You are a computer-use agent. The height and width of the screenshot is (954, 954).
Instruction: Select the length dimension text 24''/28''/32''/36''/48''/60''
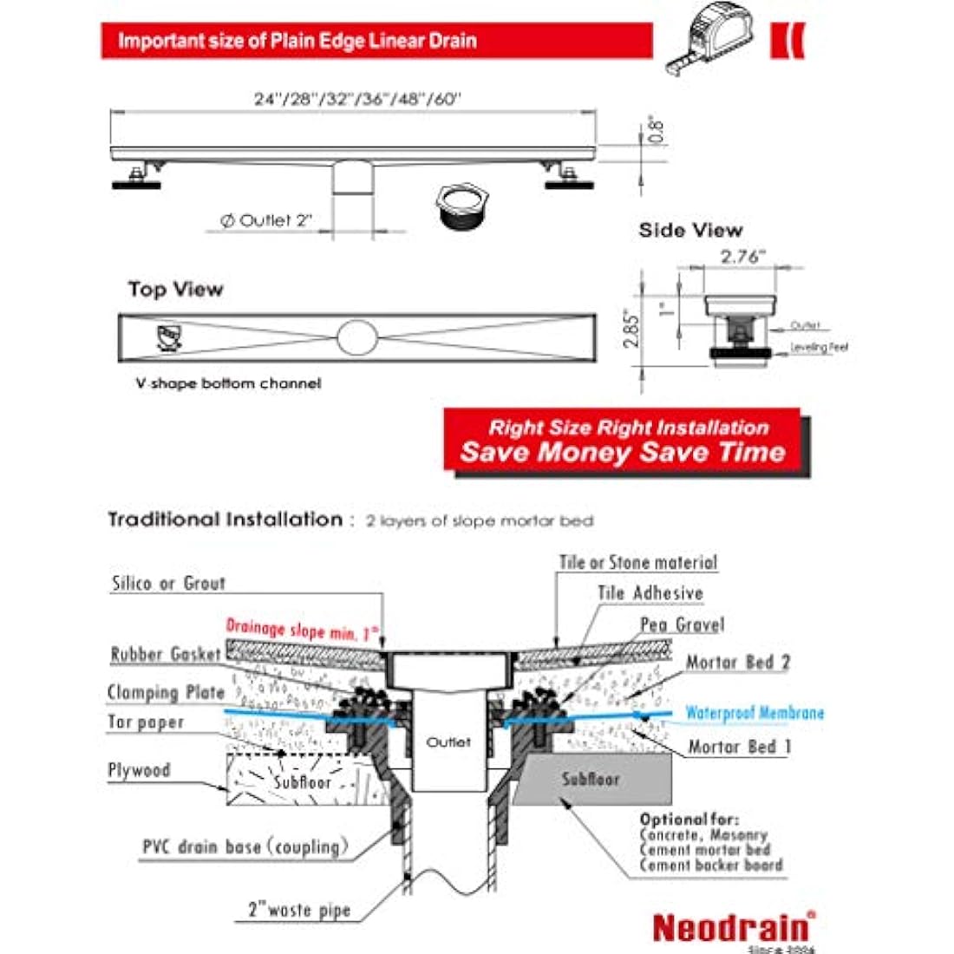point(357,99)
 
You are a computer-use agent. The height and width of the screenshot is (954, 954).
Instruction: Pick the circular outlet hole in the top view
point(357,337)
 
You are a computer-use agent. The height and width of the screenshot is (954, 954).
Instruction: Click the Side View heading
point(690,231)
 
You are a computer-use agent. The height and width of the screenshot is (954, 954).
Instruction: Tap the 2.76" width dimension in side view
point(743,257)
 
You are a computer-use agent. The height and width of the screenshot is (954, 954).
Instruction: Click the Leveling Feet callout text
point(819,348)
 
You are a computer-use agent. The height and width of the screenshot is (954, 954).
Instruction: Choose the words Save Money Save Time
point(623,453)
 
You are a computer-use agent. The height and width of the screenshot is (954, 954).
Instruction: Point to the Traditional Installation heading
point(225,519)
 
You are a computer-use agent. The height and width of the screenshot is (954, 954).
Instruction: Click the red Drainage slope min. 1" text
point(303,630)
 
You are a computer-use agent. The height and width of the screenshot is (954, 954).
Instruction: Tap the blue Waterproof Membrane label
point(755,714)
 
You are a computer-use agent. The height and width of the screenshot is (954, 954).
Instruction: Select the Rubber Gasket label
point(166,655)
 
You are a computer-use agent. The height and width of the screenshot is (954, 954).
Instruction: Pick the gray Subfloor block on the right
point(591,778)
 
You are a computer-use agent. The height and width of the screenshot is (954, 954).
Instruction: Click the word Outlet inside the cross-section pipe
point(448,742)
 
